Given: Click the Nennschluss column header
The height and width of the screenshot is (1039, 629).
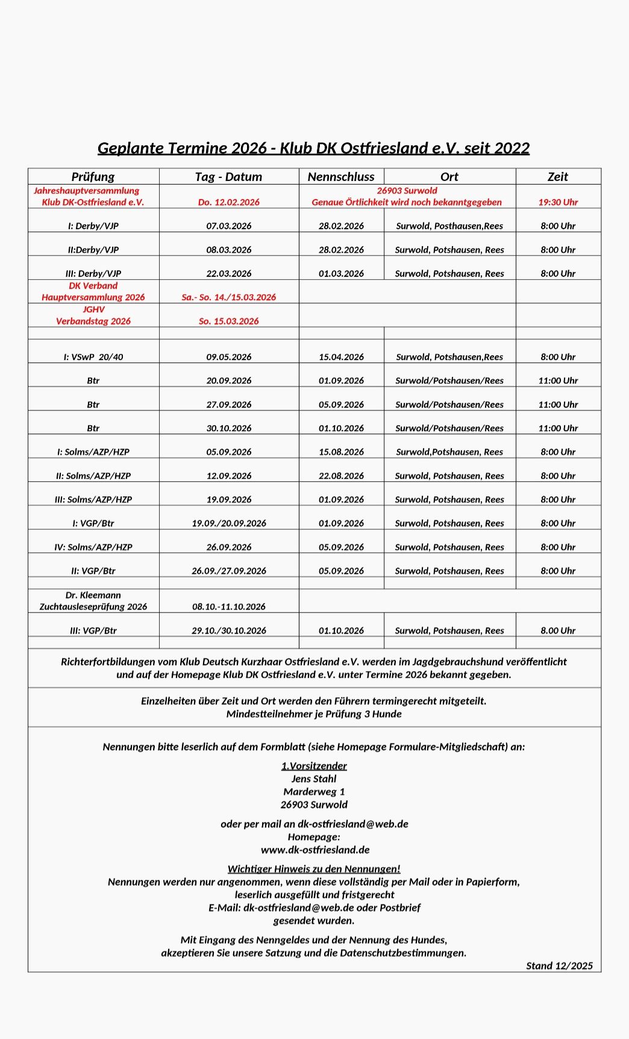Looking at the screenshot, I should pyautogui.click(x=341, y=177).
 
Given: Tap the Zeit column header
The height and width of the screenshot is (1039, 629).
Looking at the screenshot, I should pyautogui.click(x=558, y=177).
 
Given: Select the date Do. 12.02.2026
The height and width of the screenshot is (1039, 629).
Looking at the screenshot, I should pyautogui.click(x=229, y=202).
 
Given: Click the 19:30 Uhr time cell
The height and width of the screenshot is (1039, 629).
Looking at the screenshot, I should pyautogui.click(x=558, y=202).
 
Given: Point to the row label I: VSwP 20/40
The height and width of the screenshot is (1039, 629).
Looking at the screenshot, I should pyautogui.click(x=93, y=357).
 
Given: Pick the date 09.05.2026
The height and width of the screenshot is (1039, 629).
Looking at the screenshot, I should pyautogui.click(x=229, y=357).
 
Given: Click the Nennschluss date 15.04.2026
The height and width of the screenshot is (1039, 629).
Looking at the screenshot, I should pyautogui.click(x=341, y=357).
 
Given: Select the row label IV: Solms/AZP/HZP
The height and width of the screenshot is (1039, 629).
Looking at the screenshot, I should pyautogui.click(x=93, y=547).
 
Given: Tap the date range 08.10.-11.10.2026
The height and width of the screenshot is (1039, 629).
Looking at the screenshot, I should pyautogui.click(x=229, y=607).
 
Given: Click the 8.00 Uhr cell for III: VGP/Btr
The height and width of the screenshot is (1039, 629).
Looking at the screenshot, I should pyautogui.click(x=558, y=631).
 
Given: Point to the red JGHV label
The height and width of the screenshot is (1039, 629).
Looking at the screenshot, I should pyautogui.click(x=93, y=309).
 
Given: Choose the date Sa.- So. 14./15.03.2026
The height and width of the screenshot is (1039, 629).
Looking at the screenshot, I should pyautogui.click(x=229, y=297).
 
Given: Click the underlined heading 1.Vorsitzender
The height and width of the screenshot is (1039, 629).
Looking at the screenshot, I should pyautogui.click(x=314, y=766).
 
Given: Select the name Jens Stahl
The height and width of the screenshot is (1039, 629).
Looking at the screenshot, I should pyautogui.click(x=314, y=778).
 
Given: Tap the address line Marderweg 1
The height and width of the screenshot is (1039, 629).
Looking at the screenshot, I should pyautogui.click(x=314, y=792).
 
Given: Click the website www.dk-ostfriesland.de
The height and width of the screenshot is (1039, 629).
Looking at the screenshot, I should pyautogui.click(x=315, y=850).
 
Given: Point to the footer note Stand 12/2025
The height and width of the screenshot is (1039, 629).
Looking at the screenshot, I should pyautogui.click(x=559, y=965).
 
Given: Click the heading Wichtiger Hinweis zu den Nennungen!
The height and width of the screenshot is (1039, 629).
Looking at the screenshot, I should pyautogui.click(x=314, y=869).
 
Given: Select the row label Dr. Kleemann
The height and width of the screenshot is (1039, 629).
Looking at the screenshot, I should pyautogui.click(x=93, y=595).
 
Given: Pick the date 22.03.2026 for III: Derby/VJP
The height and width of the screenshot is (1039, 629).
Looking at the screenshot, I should pyautogui.click(x=229, y=274).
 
